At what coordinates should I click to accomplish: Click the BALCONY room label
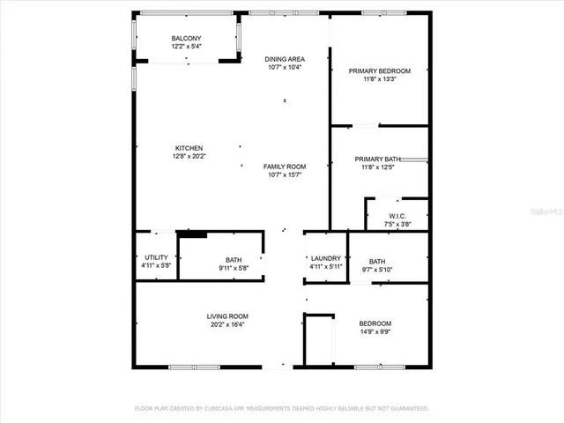[185, 39]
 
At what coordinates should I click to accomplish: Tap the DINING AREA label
[284, 59]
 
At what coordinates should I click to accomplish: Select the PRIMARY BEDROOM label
[379, 70]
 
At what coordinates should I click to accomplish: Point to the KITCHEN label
[189, 148]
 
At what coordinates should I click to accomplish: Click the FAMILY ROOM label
[284, 167]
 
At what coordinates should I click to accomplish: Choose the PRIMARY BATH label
[378, 160]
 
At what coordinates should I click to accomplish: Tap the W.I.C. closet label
[397, 216]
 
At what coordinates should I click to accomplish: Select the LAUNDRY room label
[325, 258]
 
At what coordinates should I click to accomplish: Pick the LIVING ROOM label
[227, 316]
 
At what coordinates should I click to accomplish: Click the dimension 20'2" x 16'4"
[227, 324]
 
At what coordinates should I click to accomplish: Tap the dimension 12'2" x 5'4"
[185, 47]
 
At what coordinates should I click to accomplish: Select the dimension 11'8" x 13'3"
[379, 78]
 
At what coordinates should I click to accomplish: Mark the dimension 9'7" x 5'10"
[377, 270]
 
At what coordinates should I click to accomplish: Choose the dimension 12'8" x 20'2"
[189, 156]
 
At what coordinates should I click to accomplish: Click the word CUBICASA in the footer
[218, 409]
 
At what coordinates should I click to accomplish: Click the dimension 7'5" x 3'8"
[397, 224]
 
